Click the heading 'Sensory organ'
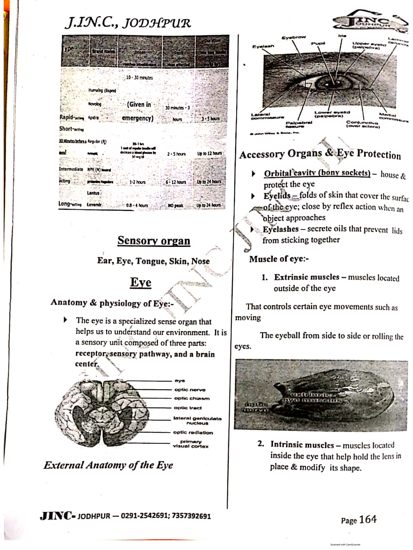point(153,240)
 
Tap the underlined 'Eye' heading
point(140,282)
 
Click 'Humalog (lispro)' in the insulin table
point(102,90)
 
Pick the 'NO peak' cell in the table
point(176,206)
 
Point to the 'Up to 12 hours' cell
point(209,154)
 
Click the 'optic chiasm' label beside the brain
point(192,398)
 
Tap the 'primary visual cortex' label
point(191,444)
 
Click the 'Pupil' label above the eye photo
point(318,43)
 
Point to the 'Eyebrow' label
point(294,37)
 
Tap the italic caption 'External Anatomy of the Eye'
point(108,465)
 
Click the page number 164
point(368,519)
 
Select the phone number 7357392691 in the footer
point(191,516)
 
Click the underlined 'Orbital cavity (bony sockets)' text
point(317,173)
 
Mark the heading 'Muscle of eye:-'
point(279,259)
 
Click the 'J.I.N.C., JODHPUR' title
point(128,23)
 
